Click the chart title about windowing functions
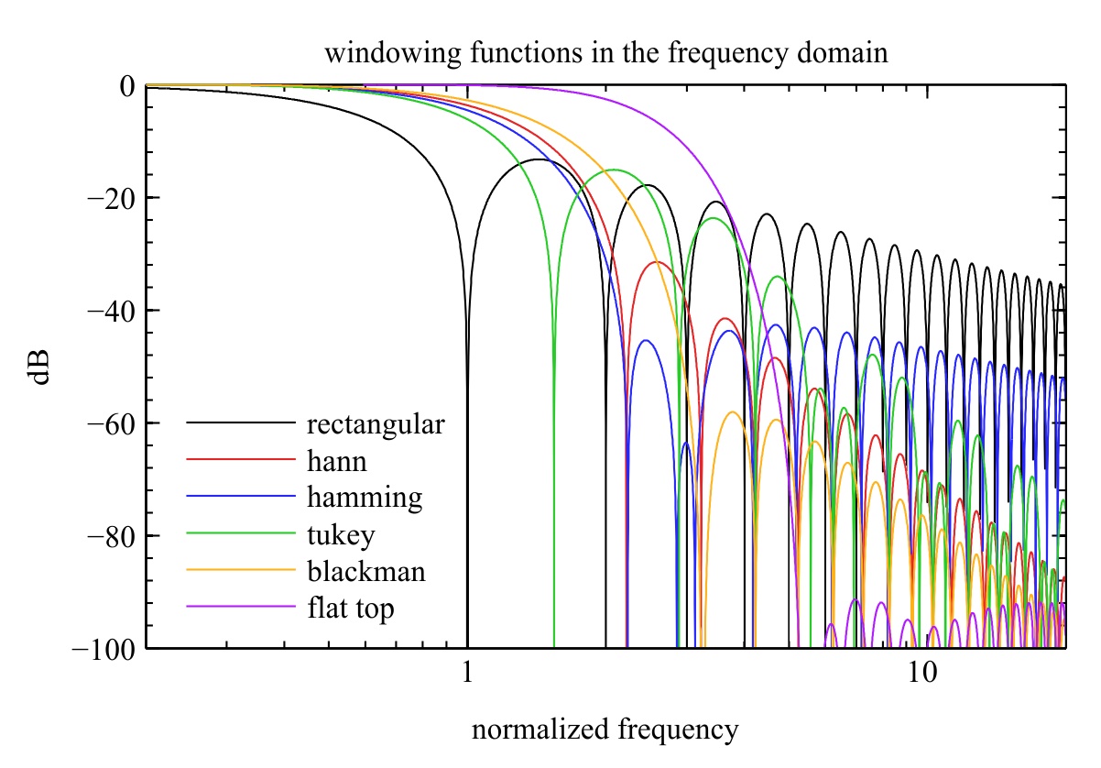click(x=606, y=53)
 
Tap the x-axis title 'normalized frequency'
click(x=605, y=730)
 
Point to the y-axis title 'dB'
click(x=38, y=367)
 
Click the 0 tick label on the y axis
click(x=126, y=86)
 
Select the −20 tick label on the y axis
click(x=111, y=199)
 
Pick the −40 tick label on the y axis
click(x=111, y=312)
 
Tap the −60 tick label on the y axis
click(x=111, y=424)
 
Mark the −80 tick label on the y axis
click(x=111, y=537)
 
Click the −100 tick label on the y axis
click(x=104, y=650)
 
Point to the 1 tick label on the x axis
click(x=467, y=672)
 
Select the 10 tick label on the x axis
click(x=922, y=672)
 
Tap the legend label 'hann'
click(x=337, y=462)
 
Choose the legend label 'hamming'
click(x=365, y=498)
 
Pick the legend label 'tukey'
click(x=341, y=535)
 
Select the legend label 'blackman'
click(x=366, y=572)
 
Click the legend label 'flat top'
click(x=351, y=609)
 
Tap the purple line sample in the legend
click(x=241, y=606)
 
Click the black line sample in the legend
click(x=241, y=422)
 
